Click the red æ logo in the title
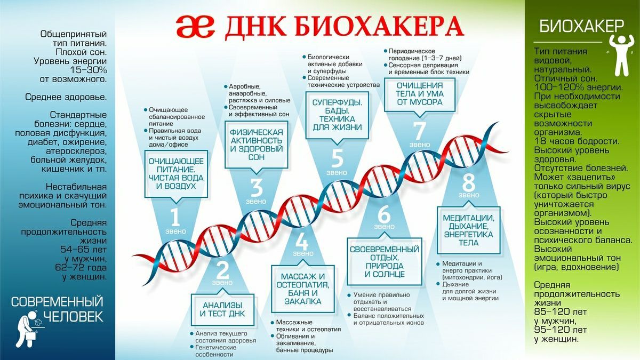(195, 27)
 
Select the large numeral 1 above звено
(175, 218)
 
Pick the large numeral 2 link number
(222, 270)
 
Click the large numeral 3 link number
(257, 188)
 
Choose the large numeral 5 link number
(337, 158)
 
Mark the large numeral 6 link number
(383, 214)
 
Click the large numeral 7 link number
(419, 131)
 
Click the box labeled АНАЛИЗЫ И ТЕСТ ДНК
(222, 310)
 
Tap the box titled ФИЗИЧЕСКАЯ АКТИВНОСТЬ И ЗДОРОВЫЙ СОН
(257, 145)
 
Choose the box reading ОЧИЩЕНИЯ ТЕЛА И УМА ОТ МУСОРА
(419, 94)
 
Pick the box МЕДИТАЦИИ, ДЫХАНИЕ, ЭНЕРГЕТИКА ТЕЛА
(469, 230)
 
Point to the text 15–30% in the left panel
(89, 70)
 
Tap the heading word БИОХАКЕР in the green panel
(581, 27)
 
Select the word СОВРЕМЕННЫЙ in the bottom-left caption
(57, 302)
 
